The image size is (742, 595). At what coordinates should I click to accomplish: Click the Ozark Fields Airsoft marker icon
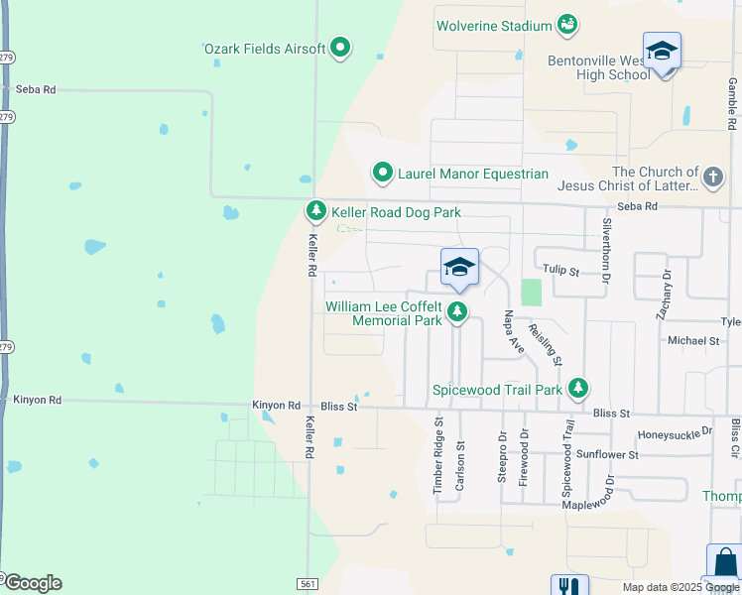coord(341,48)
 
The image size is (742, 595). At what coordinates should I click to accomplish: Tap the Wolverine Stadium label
coord(494,25)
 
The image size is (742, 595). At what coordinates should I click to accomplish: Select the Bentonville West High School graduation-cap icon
coord(662,50)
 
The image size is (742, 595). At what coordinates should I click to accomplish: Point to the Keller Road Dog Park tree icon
coord(315,211)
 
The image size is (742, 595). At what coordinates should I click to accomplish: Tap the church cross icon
coord(712,178)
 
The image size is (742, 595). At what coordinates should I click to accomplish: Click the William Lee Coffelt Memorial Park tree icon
coord(456,313)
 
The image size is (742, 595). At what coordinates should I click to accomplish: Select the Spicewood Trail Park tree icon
coord(576,389)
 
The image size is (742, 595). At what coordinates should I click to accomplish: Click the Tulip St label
coord(561,269)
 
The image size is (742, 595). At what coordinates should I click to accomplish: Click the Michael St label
coord(693,340)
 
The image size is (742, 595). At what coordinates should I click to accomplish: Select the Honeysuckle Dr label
coord(675,433)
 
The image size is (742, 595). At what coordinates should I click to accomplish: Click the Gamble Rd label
coord(732,103)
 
